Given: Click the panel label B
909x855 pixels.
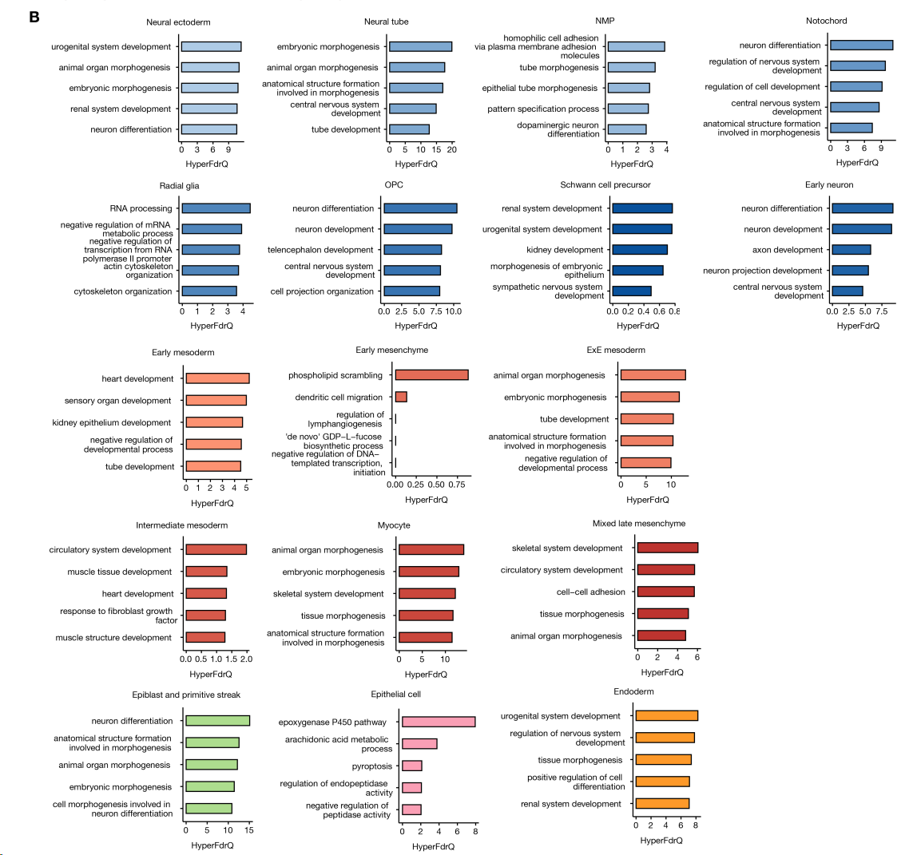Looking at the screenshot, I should (x=34, y=16).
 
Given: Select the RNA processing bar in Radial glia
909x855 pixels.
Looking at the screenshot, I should (x=216, y=208).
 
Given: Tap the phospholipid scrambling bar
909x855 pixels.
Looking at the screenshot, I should (x=431, y=375).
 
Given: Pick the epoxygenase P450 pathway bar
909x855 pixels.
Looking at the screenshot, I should (x=439, y=722).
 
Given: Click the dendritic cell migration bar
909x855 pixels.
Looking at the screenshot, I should (x=401, y=397).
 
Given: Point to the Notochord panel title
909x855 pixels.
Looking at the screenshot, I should (x=827, y=21).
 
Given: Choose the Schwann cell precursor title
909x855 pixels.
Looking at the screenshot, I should (x=605, y=185).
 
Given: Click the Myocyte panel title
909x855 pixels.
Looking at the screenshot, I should (x=394, y=525).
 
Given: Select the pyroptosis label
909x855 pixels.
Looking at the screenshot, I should (x=373, y=766).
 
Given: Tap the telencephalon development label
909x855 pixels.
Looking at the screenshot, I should (x=320, y=250).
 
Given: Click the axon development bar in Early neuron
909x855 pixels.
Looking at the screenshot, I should (x=851, y=250).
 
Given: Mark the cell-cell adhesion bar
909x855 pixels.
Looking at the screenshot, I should (x=666, y=592).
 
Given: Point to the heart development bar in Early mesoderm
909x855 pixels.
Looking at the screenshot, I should (x=217, y=378).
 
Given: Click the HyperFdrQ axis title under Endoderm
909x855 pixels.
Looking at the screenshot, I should (x=661, y=840).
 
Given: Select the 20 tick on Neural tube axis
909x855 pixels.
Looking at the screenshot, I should (x=452, y=149).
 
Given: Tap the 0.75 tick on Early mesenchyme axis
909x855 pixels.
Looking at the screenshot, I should (x=457, y=485).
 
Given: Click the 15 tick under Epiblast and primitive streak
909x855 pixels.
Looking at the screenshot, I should (x=249, y=830).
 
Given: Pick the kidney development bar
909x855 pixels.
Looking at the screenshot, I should (x=640, y=250).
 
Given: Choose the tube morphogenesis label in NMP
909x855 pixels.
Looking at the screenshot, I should (x=558, y=68).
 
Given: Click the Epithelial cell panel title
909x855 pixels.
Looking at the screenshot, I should (x=395, y=695).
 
